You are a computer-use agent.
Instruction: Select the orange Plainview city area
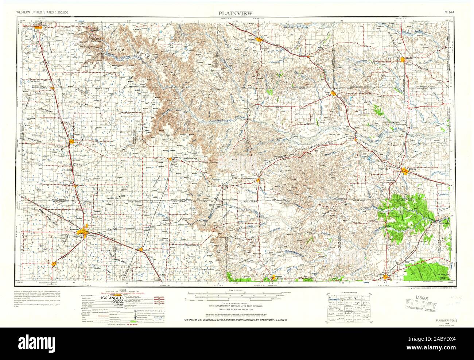[x=86, y=230]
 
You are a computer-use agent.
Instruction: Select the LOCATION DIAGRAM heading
[x=348, y=293]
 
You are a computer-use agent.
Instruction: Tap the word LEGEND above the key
[x=109, y=291]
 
